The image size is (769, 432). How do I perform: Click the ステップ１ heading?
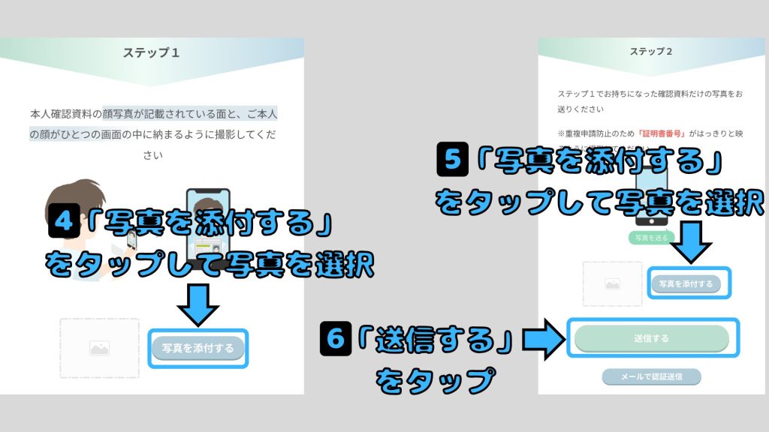(x=152, y=53)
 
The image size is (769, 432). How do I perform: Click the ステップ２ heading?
(x=650, y=51)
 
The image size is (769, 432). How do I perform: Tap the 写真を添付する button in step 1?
(x=198, y=348)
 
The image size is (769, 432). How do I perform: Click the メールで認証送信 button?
(x=651, y=376)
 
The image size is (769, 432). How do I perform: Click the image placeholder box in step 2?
(x=612, y=284)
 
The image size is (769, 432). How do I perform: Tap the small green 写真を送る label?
(x=651, y=237)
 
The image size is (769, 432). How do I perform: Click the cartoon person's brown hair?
(x=72, y=191)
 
